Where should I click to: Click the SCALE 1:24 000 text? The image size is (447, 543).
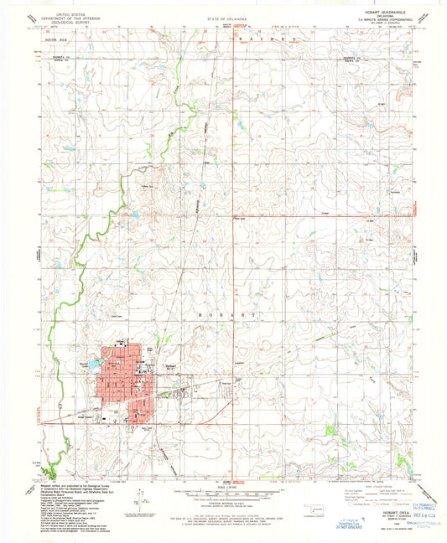tap(223, 486)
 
